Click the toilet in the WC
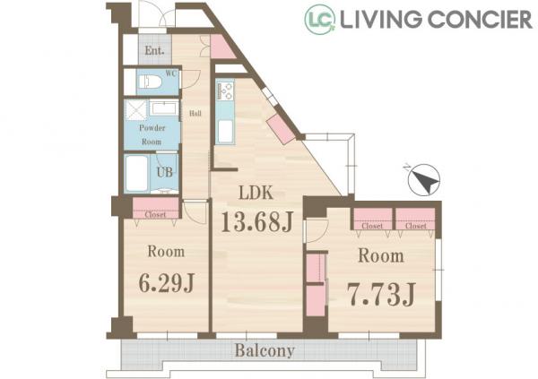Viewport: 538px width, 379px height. (x=150, y=82)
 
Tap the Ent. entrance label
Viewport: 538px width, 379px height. (x=154, y=50)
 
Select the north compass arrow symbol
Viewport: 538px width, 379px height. (x=424, y=180)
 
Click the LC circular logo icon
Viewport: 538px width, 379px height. (x=320, y=19)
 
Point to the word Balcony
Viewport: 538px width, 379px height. (x=265, y=351)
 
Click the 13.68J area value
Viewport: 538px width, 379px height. (x=257, y=221)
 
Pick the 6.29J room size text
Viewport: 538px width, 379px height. (x=167, y=282)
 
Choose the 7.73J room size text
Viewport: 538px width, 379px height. (x=381, y=294)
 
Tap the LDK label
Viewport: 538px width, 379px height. (x=256, y=194)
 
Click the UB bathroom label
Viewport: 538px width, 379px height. (x=165, y=171)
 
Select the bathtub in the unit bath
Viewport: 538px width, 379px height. (x=136, y=173)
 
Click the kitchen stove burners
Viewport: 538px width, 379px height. (x=225, y=90)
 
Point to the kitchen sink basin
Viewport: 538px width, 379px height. (x=225, y=132)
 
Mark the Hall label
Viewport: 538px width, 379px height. (x=195, y=113)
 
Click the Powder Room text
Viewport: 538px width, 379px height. (x=152, y=134)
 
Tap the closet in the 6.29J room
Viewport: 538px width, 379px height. (x=156, y=208)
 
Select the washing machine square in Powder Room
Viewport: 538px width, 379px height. (x=136, y=109)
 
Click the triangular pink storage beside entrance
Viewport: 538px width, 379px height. (x=221, y=47)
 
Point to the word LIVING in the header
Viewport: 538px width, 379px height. (x=381, y=20)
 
